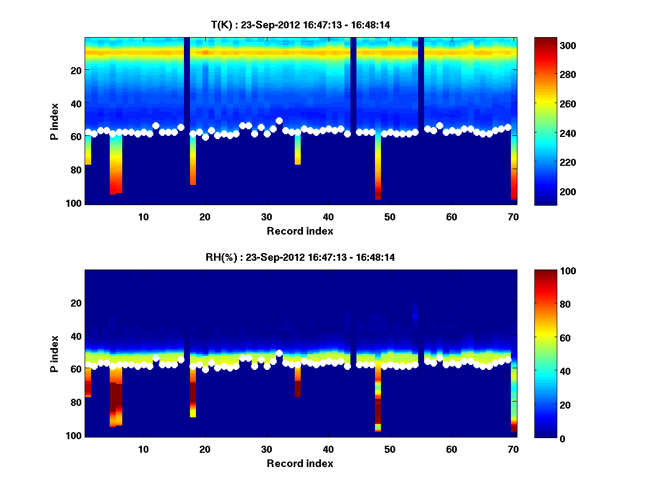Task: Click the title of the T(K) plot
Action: pos(300,25)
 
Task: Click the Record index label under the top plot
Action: pos(300,231)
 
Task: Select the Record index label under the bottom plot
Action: pos(300,463)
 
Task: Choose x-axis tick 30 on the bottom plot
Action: pos(266,449)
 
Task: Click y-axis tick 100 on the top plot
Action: pos(75,203)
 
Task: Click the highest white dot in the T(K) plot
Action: pos(279,121)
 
